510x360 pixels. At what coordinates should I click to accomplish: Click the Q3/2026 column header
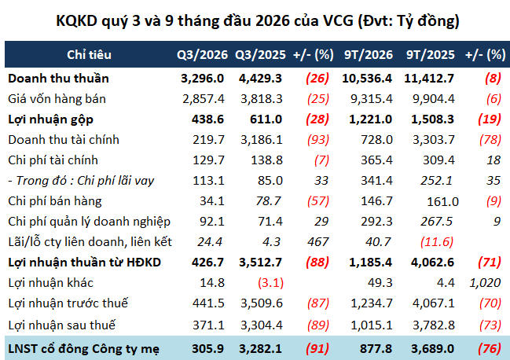tap(202, 55)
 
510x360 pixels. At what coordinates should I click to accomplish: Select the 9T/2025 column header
tap(430, 55)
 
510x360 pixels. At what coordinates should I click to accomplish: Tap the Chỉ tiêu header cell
tap(89, 55)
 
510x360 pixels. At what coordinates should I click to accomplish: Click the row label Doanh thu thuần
tap(58, 79)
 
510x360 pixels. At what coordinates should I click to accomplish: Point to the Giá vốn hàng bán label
tap(57, 99)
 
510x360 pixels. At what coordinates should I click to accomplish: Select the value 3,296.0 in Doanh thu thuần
tap(202, 79)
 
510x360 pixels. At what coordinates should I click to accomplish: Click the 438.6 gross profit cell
tap(207, 119)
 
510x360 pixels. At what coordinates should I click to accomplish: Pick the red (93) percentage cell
tap(318, 140)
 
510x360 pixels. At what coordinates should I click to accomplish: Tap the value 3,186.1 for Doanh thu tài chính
tap(262, 140)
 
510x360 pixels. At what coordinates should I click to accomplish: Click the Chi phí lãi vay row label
tap(81, 181)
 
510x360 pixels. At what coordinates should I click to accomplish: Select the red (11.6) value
tap(437, 242)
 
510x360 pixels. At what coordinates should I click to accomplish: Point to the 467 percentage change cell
tap(317, 242)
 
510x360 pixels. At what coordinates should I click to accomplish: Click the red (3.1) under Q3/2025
tap(270, 283)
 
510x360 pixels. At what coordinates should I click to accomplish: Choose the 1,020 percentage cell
tap(485, 283)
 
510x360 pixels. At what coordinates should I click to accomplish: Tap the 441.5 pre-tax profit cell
tap(208, 303)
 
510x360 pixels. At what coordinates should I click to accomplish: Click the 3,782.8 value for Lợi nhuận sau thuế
tap(434, 325)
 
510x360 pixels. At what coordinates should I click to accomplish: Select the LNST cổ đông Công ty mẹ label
tap(83, 349)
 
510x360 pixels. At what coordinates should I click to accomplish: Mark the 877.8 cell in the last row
tap(376, 349)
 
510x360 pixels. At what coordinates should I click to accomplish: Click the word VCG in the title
tap(338, 20)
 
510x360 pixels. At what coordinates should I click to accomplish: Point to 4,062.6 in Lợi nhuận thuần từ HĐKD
tap(432, 263)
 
